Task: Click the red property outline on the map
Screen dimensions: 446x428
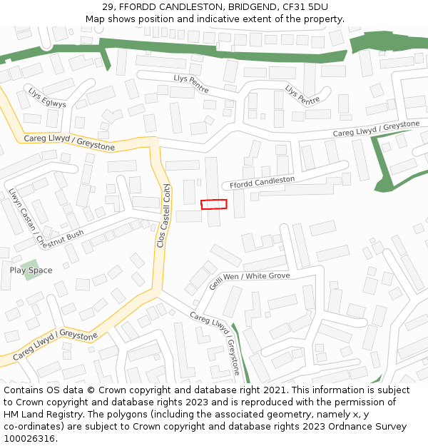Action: click(214, 204)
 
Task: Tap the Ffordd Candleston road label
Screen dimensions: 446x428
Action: click(262, 182)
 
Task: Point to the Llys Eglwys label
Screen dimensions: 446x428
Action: click(47, 98)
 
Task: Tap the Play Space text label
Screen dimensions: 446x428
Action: click(31, 270)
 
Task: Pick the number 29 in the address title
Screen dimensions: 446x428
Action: click(108, 7)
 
